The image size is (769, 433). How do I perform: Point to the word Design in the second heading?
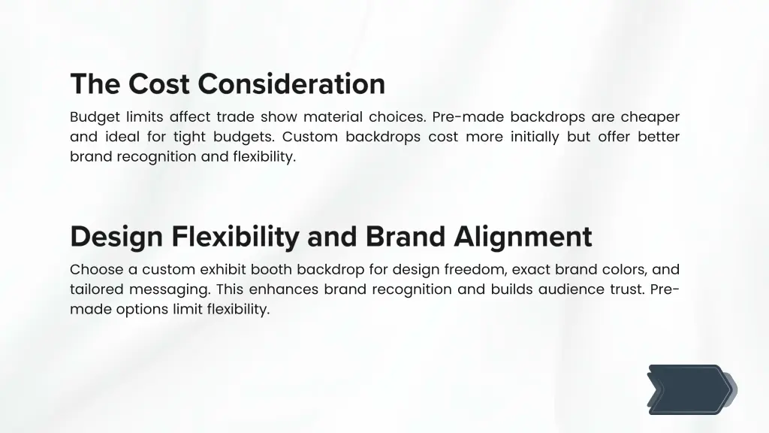pos(116,237)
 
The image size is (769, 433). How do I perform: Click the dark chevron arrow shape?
pos(687,389)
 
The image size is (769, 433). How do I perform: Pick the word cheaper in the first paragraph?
pos(650,117)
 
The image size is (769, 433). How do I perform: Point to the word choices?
pos(397,117)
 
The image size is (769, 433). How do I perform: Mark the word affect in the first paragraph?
pos(190,117)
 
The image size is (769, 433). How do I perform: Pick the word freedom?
pos(475,269)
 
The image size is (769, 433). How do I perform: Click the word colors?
pos(617,269)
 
